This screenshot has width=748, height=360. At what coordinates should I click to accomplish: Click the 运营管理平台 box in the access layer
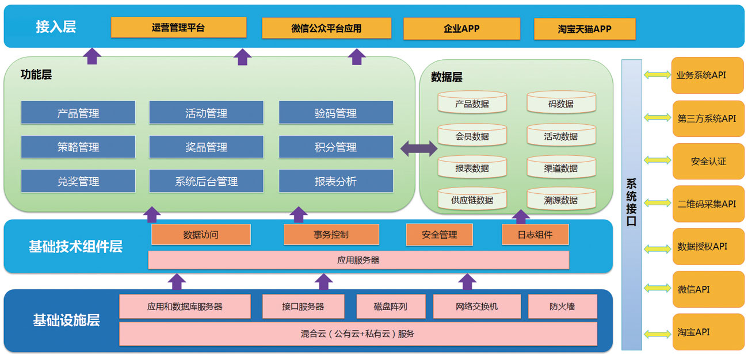coord(178,27)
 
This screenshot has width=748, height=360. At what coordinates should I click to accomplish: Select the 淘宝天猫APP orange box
coord(585,29)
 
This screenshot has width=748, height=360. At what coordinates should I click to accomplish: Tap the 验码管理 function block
coord(336,113)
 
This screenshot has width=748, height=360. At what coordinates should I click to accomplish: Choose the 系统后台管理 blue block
coord(206,181)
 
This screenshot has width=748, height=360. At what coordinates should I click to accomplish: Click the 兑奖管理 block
coord(78,181)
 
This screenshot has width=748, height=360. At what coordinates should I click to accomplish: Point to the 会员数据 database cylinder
coord(472,136)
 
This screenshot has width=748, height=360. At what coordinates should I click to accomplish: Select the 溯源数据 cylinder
coord(561,200)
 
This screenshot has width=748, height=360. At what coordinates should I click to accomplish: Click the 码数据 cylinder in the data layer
coord(561,104)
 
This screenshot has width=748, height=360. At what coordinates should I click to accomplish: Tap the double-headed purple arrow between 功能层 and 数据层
coord(418,148)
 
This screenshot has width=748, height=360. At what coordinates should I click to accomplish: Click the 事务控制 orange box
coord(331,235)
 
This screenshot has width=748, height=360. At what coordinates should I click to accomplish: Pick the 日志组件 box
coord(535,235)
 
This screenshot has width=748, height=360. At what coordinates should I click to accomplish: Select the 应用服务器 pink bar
coord(358,260)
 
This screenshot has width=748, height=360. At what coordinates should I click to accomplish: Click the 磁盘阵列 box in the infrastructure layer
coord(390,307)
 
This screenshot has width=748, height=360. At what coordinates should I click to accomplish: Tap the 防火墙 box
coord(562,307)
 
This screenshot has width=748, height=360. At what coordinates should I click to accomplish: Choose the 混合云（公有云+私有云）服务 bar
coord(358,334)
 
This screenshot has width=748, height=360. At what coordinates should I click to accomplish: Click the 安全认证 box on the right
coord(708,162)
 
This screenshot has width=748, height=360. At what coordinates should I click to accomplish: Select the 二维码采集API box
coord(708,204)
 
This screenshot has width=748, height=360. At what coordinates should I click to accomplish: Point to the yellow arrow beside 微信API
coord(657,288)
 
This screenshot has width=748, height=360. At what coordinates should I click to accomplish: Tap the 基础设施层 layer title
coord(66,320)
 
